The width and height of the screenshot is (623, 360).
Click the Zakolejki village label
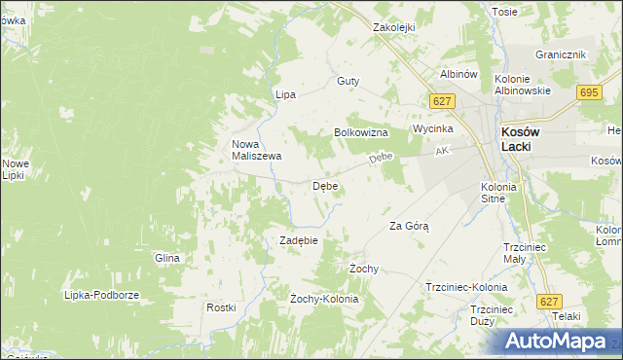395,28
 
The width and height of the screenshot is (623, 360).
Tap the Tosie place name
504,12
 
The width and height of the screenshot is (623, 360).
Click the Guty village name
348,82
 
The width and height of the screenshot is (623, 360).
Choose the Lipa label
285,94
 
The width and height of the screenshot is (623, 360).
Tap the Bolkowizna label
361,131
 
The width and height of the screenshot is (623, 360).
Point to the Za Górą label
409,226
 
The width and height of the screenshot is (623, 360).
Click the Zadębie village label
300,240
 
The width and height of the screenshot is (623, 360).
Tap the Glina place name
167,258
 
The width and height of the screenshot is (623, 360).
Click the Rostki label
221,307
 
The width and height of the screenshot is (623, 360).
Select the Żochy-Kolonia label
324,299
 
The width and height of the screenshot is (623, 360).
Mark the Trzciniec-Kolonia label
466,288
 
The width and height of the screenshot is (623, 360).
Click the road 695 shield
587,92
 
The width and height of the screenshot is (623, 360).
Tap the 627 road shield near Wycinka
442,101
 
